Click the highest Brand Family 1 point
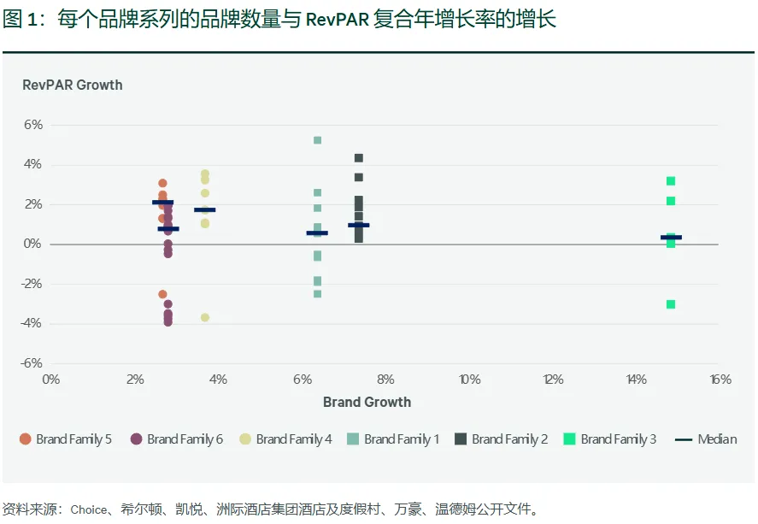(x=317, y=140)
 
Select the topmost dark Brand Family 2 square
(x=359, y=158)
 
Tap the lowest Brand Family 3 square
(x=671, y=304)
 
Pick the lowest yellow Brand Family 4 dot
(x=205, y=318)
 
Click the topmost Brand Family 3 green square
(x=671, y=181)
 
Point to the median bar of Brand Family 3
(x=671, y=238)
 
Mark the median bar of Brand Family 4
(x=205, y=209)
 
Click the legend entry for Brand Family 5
(x=66, y=439)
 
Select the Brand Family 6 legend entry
(x=177, y=439)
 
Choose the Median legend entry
(x=707, y=439)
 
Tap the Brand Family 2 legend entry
(x=502, y=439)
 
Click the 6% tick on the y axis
(x=33, y=125)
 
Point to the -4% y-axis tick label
(x=32, y=323)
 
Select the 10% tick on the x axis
(x=469, y=380)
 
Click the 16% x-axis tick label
(x=720, y=380)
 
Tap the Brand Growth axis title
(x=367, y=402)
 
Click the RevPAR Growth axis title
(x=72, y=85)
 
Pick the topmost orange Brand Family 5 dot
(x=162, y=184)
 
